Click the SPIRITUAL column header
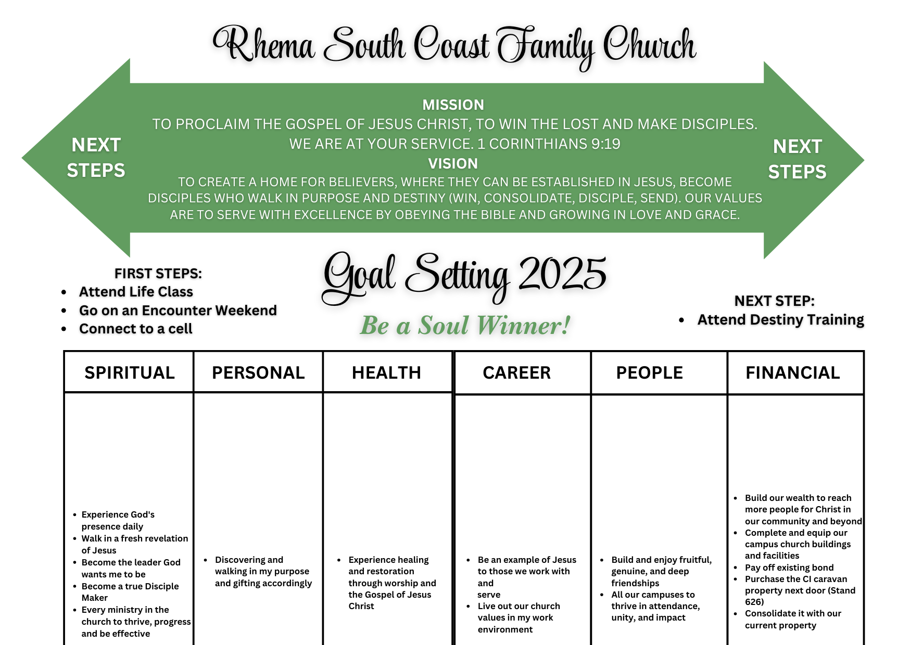coord(129,372)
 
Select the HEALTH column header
coord(386,372)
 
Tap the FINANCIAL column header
coord(792,372)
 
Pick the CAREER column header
coord(516,372)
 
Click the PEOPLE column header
coord(649,372)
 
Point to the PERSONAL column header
coord(258,372)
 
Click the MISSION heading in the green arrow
coord(453,105)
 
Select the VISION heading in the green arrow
coord(453,163)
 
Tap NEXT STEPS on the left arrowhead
coord(96,157)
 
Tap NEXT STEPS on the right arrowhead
coord(797,159)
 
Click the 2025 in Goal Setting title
coord(562,274)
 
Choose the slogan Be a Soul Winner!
coord(465,326)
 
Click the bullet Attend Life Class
coord(136,292)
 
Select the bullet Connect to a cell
coord(135,329)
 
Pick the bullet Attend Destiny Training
coord(780,319)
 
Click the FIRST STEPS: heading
coord(158,274)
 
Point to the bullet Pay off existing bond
coord(789,567)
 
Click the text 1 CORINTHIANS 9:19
coord(549,144)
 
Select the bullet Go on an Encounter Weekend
coord(178,311)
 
